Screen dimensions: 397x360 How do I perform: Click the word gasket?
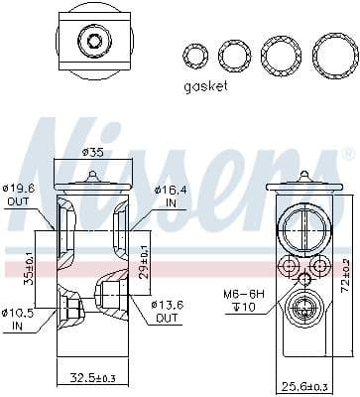pos(206,85)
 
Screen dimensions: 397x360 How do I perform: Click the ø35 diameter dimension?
pos(91,152)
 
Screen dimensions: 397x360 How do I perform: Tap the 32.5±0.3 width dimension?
pos(91,378)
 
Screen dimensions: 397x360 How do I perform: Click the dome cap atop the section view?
pos(91,179)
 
